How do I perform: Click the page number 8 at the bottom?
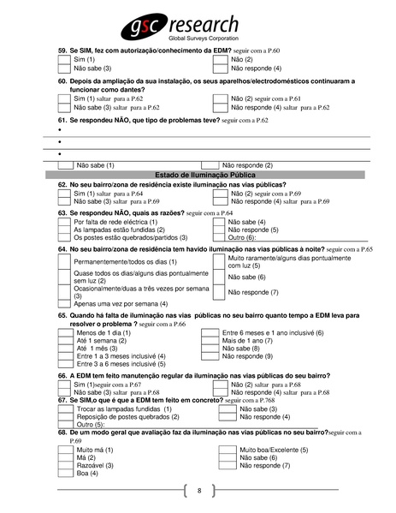click(198, 491)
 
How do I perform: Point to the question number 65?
click(62, 316)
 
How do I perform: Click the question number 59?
click(62, 51)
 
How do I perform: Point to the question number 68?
click(62, 433)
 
